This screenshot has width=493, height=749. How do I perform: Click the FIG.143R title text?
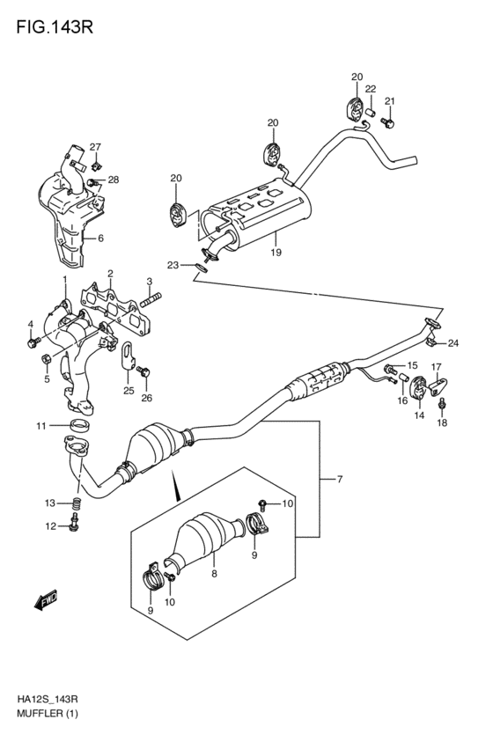coord(55,26)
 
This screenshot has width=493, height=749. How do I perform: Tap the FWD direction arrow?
coord(47,599)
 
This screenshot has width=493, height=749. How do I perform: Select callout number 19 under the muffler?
coord(276,253)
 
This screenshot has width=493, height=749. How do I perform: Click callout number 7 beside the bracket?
coord(340,479)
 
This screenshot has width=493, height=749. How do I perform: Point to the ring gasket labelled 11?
coord(81,424)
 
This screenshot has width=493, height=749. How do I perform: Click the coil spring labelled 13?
coord(77,503)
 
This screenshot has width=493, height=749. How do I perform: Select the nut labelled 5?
coord(48,358)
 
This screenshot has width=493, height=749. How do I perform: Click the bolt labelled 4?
coord(33,342)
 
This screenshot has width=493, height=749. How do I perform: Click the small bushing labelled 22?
coord(371,114)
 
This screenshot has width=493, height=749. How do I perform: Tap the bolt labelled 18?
coord(442,405)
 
